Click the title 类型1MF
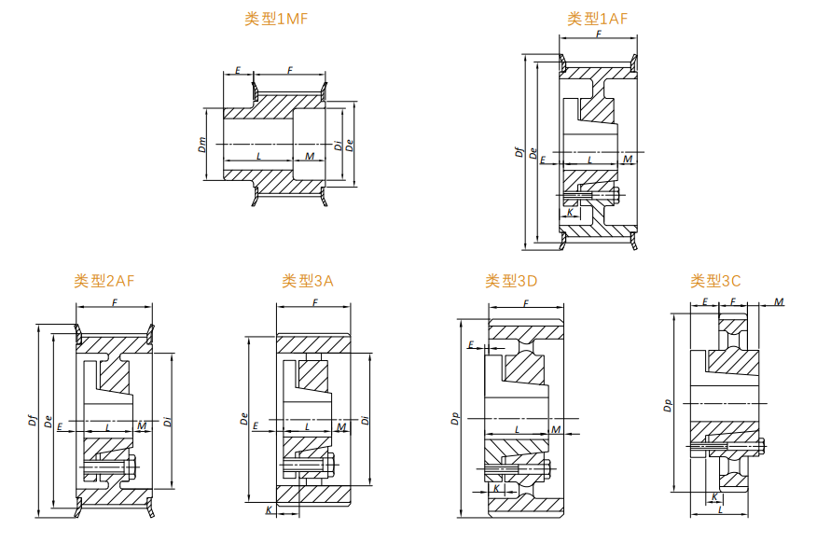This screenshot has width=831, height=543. point(276,20)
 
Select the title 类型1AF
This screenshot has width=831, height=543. point(597,18)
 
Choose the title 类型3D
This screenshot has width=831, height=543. point(511,280)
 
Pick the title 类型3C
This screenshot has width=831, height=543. point(715,280)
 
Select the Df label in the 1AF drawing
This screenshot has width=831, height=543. point(519,153)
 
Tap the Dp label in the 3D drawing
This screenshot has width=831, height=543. point(454,420)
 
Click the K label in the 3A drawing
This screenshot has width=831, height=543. point(270,510)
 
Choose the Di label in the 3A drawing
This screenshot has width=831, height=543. point(366,420)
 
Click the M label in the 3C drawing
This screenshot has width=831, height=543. point(779,302)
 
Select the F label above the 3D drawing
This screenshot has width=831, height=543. point(526,304)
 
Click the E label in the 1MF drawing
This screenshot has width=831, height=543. point(238,71)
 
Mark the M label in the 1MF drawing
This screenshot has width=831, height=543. point(310,156)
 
